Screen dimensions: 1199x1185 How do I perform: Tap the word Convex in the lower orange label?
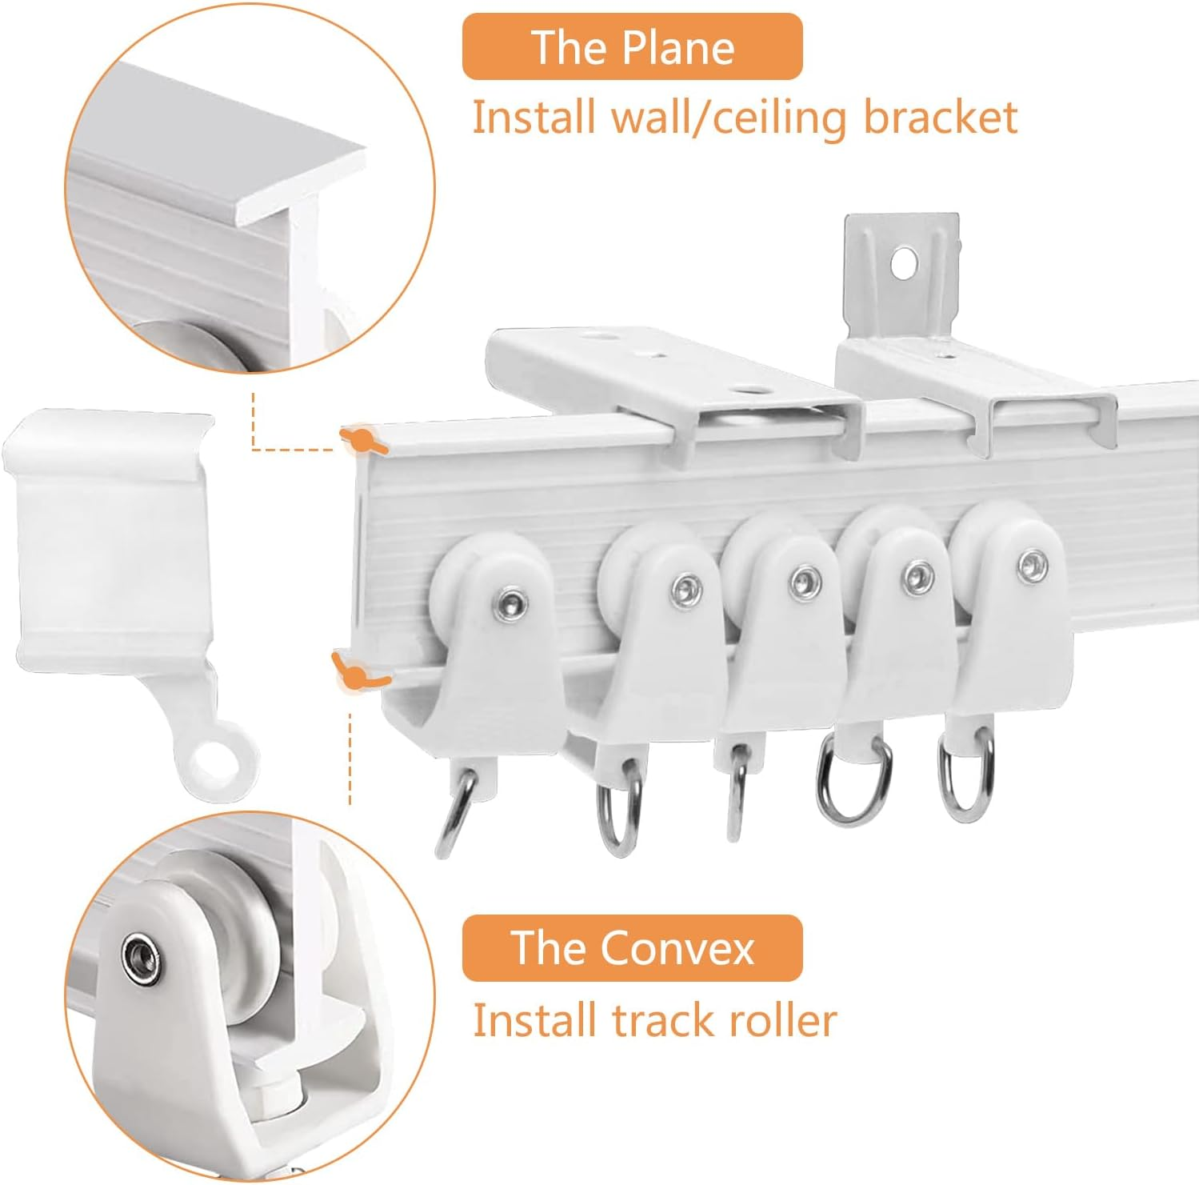[677, 948]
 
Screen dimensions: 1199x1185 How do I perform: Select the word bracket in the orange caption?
[940, 117]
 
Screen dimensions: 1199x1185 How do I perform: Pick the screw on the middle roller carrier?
[803, 582]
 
